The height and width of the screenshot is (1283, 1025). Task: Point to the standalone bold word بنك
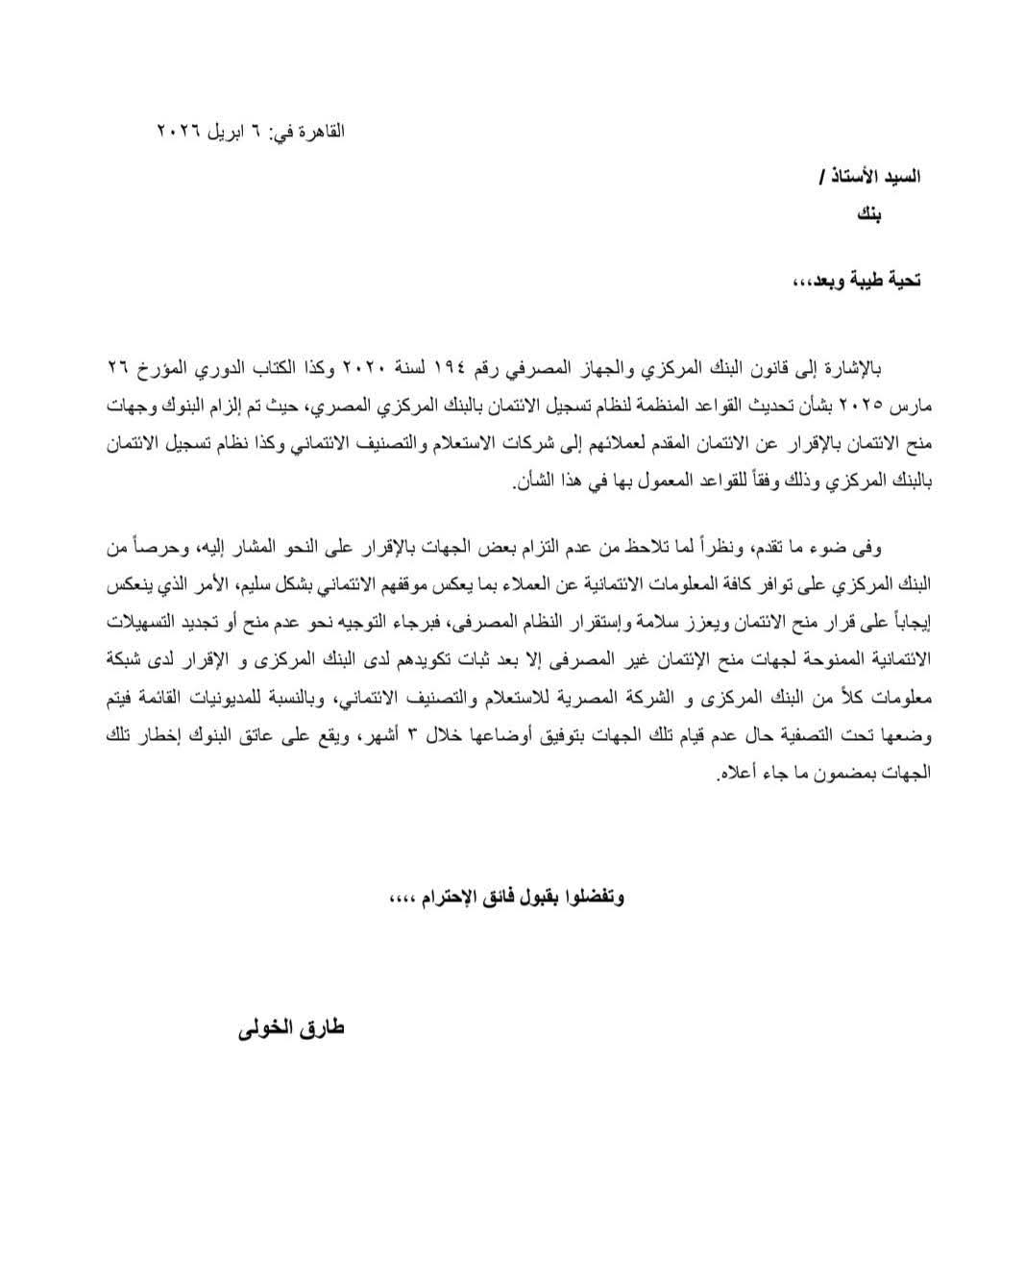click(x=868, y=214)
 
